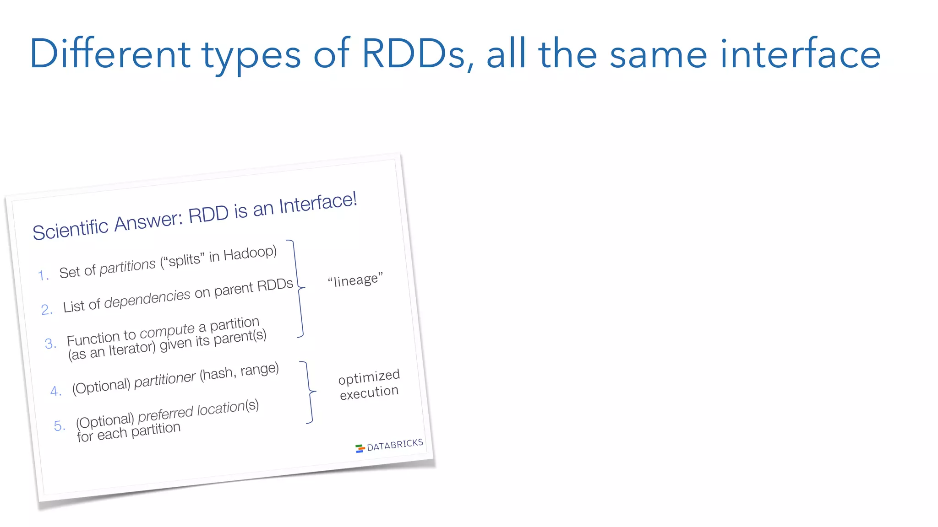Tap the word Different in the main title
(110, 54)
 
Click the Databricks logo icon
(360, 448)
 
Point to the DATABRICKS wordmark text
(395, 445)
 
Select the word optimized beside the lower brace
(369, 377)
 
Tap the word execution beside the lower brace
(369, 393)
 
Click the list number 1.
(43, 275)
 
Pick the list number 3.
(50, 343)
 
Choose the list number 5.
(60, 426)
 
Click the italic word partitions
(128, 266)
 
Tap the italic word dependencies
(147, 299)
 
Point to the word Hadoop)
(250, 253)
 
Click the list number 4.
(55, 391)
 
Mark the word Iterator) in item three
(132, 349)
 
